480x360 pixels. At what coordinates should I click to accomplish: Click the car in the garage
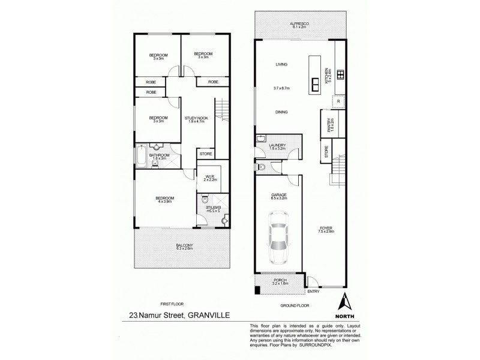278,244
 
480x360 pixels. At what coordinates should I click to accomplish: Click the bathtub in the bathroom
140,157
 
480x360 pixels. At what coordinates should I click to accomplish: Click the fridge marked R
339,101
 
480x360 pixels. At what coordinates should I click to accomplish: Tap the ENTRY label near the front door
313,292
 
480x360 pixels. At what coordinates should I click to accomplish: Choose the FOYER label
326,229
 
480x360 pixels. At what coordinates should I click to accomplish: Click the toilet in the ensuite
205,200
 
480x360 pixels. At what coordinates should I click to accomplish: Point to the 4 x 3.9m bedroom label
165,200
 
